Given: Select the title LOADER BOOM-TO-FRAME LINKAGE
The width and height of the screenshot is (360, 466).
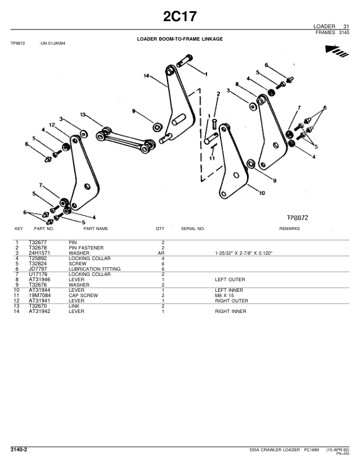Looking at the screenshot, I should (x=180, y=39).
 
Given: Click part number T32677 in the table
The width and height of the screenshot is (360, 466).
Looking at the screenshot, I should (x=38, y=242).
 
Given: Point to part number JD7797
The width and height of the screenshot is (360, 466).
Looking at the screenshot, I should (x=38, y=268).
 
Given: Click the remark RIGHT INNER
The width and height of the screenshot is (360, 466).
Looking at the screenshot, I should (x=231, y=311).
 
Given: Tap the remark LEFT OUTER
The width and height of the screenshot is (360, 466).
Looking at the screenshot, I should (x=230, y=279).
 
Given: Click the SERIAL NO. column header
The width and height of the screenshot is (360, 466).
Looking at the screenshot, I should (x=193, y=228).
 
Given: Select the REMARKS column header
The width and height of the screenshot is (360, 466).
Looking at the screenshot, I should (x=289, y=228).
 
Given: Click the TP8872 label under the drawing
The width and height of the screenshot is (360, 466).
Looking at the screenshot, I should (x=298, y=218).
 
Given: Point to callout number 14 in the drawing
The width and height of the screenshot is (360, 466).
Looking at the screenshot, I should (x=145, y=75).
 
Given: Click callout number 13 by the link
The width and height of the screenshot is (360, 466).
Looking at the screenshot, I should (x=83, y=115).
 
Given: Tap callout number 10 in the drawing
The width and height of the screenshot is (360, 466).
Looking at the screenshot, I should (x=261, y=192).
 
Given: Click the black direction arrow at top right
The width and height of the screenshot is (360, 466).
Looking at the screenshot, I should (x=335, y=52).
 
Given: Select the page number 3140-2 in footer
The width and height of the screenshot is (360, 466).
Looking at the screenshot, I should (x=19, y=450).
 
